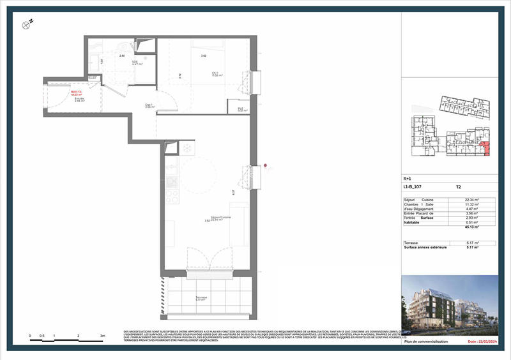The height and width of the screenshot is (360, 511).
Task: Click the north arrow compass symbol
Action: coord(27,24)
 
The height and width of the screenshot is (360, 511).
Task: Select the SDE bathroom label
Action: coord(136,63)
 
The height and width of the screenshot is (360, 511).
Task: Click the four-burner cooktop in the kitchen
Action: coord(171,182)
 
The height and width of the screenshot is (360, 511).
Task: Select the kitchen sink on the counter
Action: coord(171,165)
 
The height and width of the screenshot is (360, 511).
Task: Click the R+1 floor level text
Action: coord(408,179)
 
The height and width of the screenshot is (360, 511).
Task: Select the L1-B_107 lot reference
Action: coord(413,187)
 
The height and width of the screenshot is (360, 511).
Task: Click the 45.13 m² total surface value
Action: coord(472,226)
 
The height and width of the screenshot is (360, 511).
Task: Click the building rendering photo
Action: coord(450,306)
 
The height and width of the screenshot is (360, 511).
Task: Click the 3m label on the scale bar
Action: coord(102,335)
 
